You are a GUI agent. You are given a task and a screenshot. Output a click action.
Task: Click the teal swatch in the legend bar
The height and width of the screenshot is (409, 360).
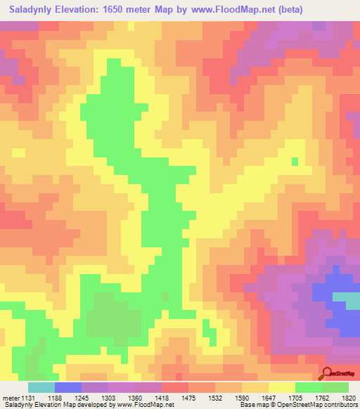click(41, 388)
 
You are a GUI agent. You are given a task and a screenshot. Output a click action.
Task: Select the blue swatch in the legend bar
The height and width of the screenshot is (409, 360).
click(68, 388)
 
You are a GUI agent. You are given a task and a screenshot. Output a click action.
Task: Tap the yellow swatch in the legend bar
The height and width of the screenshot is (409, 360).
click(282, 388)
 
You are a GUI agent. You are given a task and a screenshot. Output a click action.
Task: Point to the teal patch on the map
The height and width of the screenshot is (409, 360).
click(346, 300)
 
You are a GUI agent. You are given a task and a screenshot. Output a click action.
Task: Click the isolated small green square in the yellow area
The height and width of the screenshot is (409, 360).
click(295, 162)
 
